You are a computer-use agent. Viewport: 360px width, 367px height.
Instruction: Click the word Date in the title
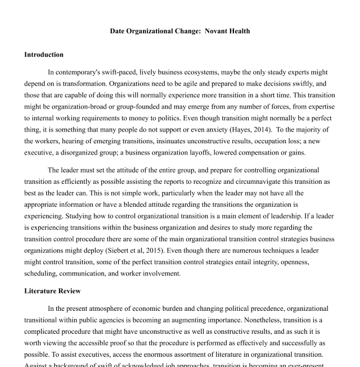118,31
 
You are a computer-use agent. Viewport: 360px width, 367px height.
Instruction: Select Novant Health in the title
228,31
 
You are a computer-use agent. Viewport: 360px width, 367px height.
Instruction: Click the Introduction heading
44,55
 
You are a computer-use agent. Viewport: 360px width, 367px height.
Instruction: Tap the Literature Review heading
52,291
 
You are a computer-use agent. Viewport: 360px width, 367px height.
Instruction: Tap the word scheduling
42,274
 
